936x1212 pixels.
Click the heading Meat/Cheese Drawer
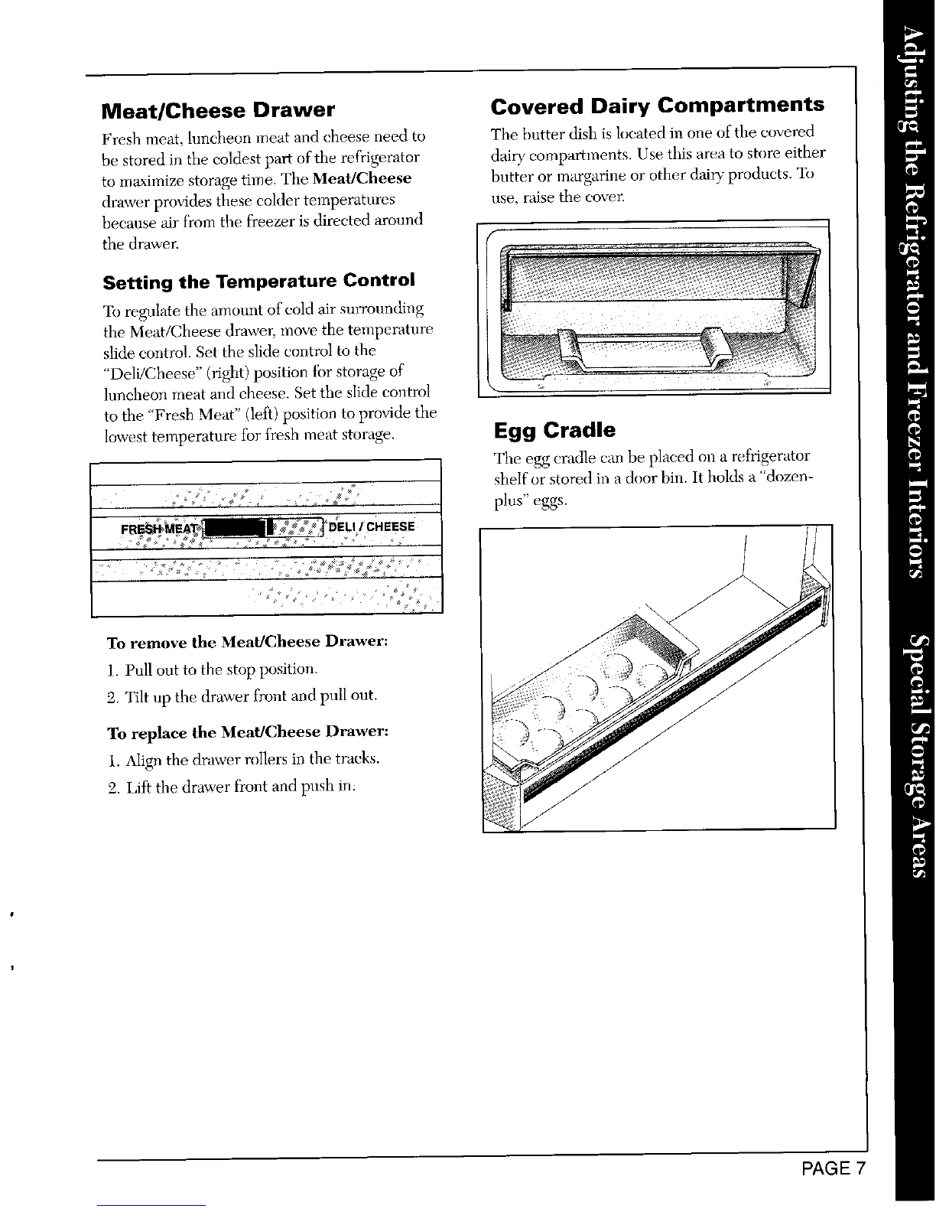pyautogui.click(x=218, y=110)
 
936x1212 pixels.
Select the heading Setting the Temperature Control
pyautogui.click(x=258, y=281)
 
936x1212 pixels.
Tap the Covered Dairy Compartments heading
pyautogui.click(x=657, y=106)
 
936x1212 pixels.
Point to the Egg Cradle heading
pyautogui.click(x=554, y=430)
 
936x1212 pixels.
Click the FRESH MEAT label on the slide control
pyautogui.click(x=160, y=528)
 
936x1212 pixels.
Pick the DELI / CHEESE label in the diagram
pyautogui.click(x=372, y=526)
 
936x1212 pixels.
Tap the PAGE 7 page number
pyautogui.click(x=834, y=1168)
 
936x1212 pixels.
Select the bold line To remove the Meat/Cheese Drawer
pyautogui.click(x=248, y=642)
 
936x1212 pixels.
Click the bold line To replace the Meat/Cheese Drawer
pyautogui.click(x=248, y=731)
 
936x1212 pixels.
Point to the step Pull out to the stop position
pyautogui.click(x=213, y=670)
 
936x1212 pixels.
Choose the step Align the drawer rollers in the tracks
pyautogui.click(x=244, y=760)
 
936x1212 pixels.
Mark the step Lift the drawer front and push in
pyautogui.click(x=232, y=787)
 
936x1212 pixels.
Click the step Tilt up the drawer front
pyautogui.click(x=242, y=696)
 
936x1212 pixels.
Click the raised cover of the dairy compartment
pyautogui.click(x=661, y=273)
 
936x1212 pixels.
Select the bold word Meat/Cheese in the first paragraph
pyautogui.click(x=362, y=179)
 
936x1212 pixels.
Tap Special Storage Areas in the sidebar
pyautogui.click(x=915, y=756)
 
